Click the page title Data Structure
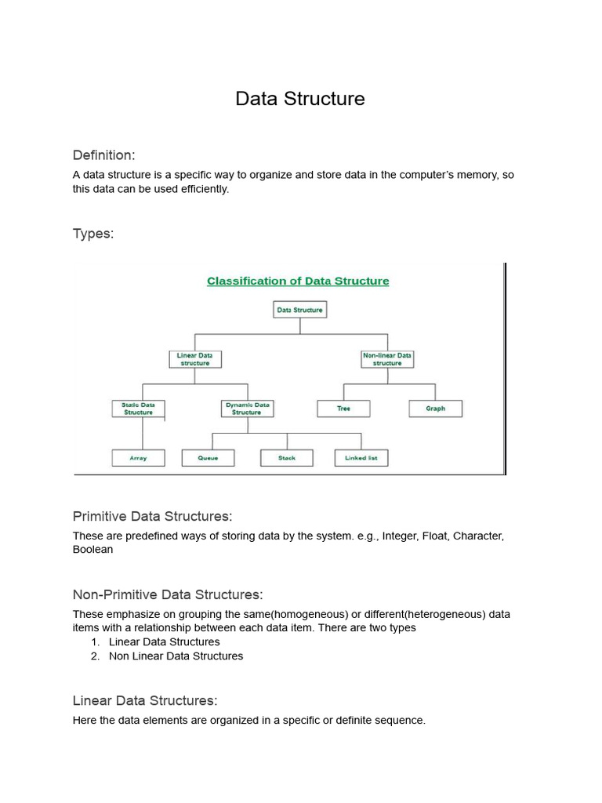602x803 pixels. [x=300, y=99]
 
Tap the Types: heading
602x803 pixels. [x=93, y=234]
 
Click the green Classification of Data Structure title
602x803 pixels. [x=298, y=281]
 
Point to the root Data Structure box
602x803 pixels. [x=299, y=310]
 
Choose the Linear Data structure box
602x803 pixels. [x=195, y=359]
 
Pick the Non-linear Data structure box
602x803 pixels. [x=387, y=359]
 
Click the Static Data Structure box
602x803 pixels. [x=138, y=409]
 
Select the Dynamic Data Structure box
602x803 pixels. [x=247, y=409]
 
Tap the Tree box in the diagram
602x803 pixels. [x=343, y=409]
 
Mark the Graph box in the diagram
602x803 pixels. [x=435, y=409]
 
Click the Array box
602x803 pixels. [x=138, y=458]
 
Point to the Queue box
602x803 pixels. [x=208, y=458]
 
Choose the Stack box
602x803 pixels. [x=287, y=458]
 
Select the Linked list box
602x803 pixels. [x=361, y=458]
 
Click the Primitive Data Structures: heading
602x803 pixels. [x=152, y=516]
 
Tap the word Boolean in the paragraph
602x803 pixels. [x=93, y=550]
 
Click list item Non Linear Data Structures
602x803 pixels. [x=176, y=656]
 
